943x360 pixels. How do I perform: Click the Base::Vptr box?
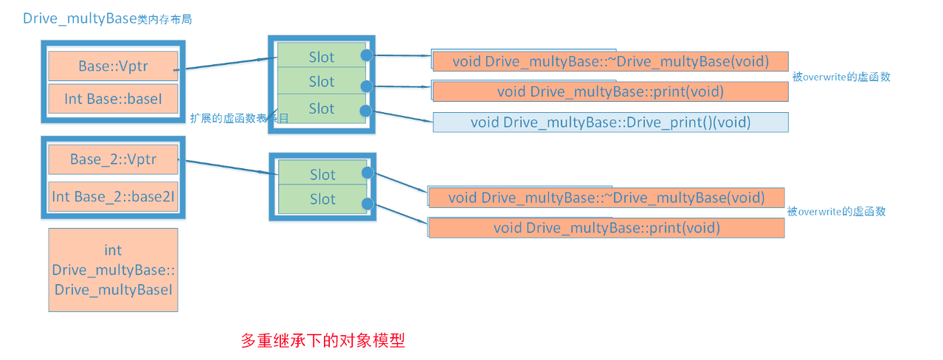pyautogui.click(x=113, y=66)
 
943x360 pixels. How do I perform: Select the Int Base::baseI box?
pyautogui.click(x=113, y=98)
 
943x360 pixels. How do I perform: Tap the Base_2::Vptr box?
pyautogui.click(x=113, y=159)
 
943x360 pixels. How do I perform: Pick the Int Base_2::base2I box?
pyautogui.click(x=113, y=197)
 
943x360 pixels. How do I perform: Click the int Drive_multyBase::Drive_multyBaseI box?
pyautogui.click(x=113, y=270)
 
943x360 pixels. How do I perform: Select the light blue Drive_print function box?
pyautogui.click(x=610, y=122)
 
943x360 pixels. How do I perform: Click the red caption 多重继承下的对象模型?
pyautogui.click(x=323, y=341)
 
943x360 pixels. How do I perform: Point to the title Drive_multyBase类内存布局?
pyautogui.click(x=108, y=19)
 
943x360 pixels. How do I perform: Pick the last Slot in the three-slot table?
pyautogui.click(x=321, y=108)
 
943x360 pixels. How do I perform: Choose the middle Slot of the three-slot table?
pyautogui.click(x=321, y=81)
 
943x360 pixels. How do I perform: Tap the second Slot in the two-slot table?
pyautogui.click(x=322, y=199)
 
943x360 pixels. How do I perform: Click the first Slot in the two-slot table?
pyautogui.click(x=322, y=174)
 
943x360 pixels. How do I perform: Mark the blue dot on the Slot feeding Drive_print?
pyautogui.click(x=365, y=111)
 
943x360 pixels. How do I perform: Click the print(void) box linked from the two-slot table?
pyautogui.click(x=606, y=227)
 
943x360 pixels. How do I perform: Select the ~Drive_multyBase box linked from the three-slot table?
pyautogui.click(x=610, y=61)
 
